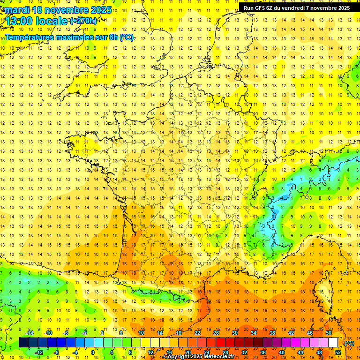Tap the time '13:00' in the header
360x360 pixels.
(x=21, y=21)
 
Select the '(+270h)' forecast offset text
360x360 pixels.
(x=83, y=21)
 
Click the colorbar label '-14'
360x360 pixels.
(x=30, y=333)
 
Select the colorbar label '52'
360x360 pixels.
(x=337, y=352)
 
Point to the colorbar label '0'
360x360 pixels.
(x=93, y=352)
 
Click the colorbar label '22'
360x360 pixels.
(x=197, y=333)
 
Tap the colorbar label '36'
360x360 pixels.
(x=262, y=352)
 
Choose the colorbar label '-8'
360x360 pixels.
(x=57, y=352)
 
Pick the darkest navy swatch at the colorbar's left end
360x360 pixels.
(x=23, y=343)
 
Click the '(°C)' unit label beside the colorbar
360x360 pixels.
(x=349, y=343)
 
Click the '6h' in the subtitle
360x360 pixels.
(x=114, y=37)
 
